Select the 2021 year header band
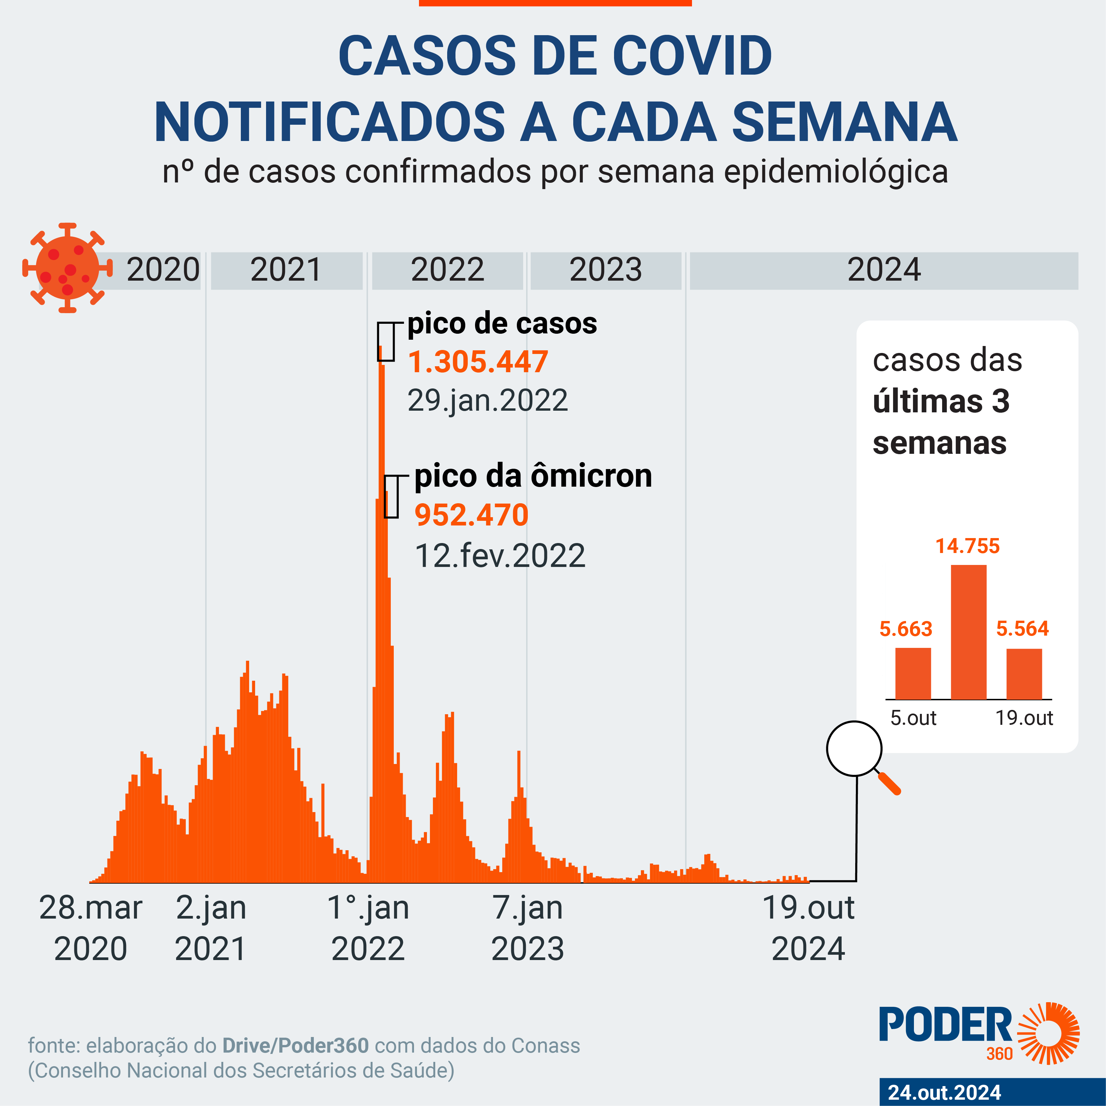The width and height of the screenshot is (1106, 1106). tap(286, 270)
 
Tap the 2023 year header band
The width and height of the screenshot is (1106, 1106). tap(606, 270)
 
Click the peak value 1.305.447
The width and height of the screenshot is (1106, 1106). tap(478, 362)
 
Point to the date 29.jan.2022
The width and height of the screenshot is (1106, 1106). tap(488, 400)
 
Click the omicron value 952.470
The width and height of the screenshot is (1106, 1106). tap(471, 515)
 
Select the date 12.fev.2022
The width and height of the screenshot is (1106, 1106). tap(500, 555)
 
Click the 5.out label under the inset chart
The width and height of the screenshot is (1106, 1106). tap(914, 718)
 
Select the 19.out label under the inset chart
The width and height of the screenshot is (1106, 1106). tap(1024, 718)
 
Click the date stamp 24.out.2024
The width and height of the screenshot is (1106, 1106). tap(944, 1092)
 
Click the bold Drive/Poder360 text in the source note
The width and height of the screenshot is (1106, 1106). tap(295, 1045)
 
